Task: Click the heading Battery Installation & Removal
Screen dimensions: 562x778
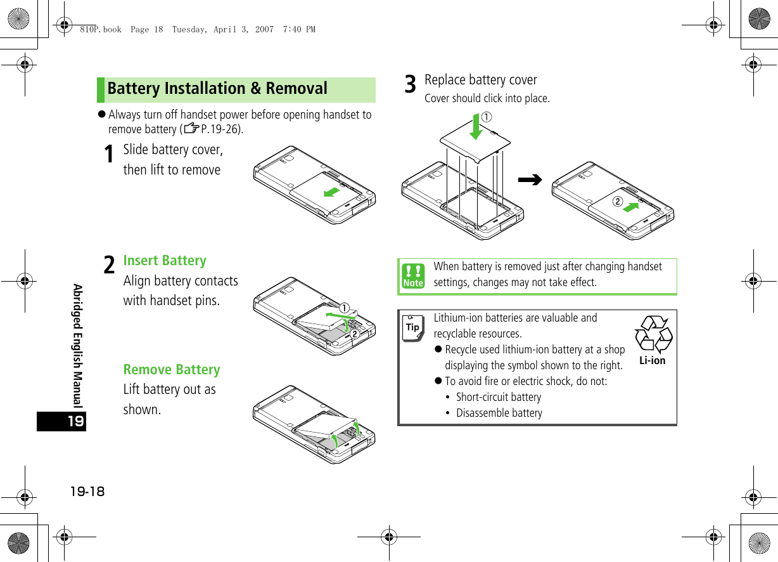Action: point(217,89)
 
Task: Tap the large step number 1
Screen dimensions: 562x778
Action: point(109,154)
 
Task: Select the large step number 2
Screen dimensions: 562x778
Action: point(109,265)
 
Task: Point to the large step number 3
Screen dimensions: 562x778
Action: point(411,84)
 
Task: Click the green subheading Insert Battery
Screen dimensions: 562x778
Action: point(165,261)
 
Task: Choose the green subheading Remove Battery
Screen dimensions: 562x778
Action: point(172,370)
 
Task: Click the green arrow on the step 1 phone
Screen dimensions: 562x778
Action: point(331,191)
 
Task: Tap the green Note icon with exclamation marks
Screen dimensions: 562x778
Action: point(413,277)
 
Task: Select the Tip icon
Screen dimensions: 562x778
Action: point(413,327)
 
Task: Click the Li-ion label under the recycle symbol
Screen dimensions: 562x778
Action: point(652,361)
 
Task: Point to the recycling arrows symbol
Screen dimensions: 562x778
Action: point(653,334)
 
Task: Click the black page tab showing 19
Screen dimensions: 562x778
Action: point(61,421)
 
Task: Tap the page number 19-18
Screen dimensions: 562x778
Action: point(87,492)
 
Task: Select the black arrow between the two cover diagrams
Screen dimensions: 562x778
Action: point(530,180)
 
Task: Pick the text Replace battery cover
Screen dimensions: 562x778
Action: point(480,80)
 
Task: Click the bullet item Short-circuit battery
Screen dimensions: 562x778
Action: point(499,397)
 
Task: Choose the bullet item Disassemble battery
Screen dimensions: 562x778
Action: point(499,413)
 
